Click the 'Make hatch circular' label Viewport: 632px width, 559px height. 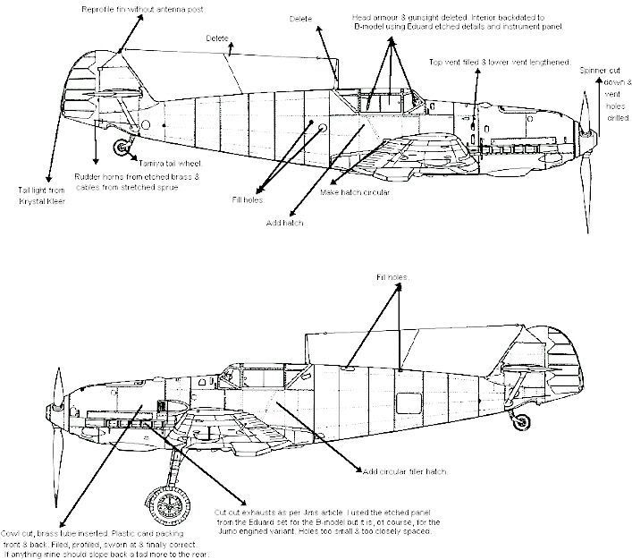(x=354, y=191)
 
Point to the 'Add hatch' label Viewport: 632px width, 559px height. (x=285, y=222)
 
